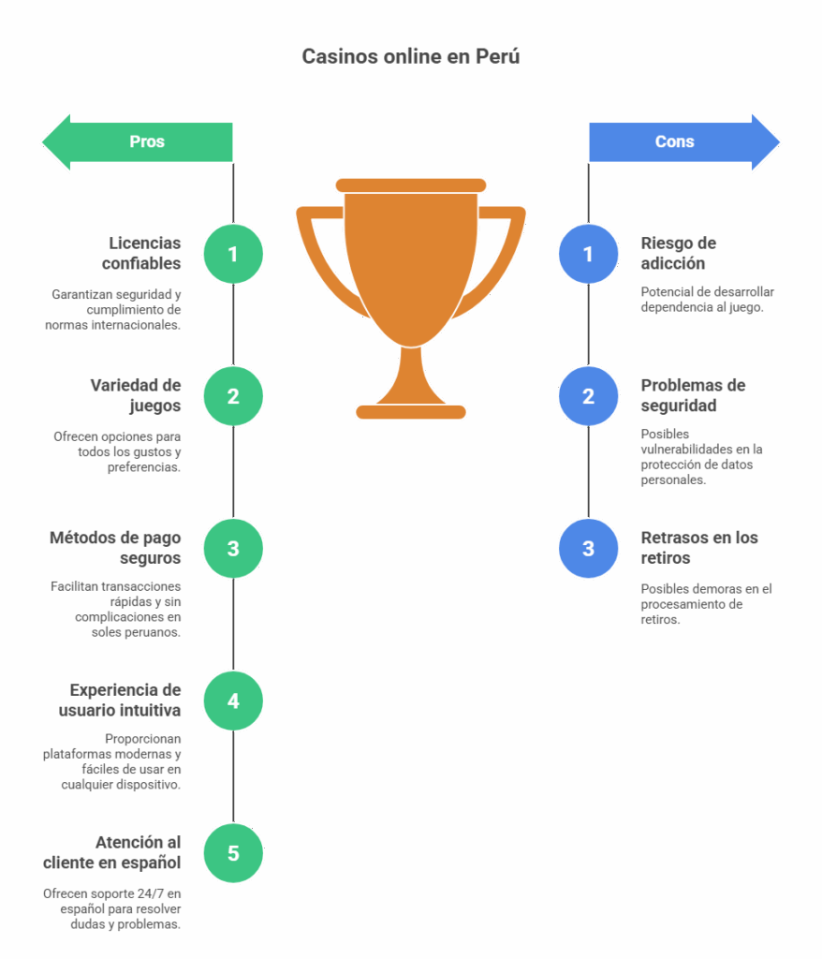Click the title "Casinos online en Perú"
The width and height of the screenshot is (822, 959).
tap(410, 57)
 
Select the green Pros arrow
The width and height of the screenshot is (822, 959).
tap(140, 142)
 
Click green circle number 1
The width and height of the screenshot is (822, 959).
tap(233, 254)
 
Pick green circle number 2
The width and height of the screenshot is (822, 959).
tap(233, 396)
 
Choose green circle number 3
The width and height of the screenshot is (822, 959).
tap(233, 549)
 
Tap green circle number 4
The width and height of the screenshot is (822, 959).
tap(233, 701)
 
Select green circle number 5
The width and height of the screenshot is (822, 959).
tap(233, 853)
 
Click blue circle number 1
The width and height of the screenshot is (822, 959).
tap(588, 254)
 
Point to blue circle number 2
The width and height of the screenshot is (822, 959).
tap(588, 396)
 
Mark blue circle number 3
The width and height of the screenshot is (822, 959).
tap(588, 549)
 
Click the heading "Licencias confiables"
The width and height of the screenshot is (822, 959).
tap(142, 253)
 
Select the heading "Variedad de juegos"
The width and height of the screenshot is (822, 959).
tap(137, 395)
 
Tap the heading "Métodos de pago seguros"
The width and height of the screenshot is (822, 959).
tap(116, 548)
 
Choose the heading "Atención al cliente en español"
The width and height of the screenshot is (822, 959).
tap(112, 852)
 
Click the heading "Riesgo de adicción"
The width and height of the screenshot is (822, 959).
tap(679, 253)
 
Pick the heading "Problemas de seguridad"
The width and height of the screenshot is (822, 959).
tap(693, 395)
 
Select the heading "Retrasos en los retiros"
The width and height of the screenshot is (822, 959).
tap(699, 548)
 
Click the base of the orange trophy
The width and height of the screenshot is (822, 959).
tap(411, 411)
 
